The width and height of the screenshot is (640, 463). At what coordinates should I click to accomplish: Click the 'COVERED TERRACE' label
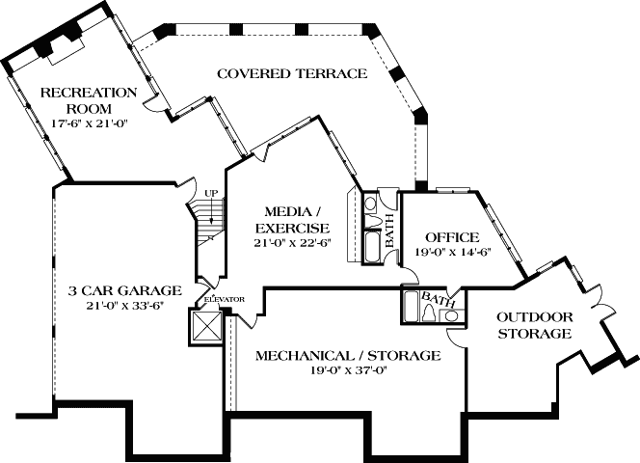[x=291, y=73]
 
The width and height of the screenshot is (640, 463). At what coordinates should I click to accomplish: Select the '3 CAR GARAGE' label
[x=125, y=290]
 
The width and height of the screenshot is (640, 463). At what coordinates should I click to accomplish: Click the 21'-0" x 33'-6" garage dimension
[x=125, y=306]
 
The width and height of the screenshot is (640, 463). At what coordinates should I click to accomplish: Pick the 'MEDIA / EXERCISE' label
[x=286, y=219]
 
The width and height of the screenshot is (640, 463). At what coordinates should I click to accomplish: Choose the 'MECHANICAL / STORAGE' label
[x=347, y=356]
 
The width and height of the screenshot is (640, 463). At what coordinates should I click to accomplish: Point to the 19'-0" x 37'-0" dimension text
[x=347, y=370]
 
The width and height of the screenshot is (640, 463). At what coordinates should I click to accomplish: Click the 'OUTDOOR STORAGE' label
[x=535, y=325]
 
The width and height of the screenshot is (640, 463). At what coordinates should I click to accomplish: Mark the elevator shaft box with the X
[x=207, y=325]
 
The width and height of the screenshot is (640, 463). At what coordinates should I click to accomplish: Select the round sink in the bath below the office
[x=449, y=314]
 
